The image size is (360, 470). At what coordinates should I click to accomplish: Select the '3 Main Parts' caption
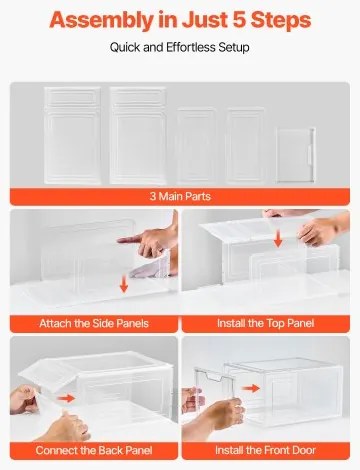point(180,197)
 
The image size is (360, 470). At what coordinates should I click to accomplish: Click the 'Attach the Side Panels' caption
point(92,323)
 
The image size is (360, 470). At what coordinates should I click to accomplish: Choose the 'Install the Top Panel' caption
point(267,323)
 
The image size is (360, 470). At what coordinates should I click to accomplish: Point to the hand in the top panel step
point(322,232)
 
